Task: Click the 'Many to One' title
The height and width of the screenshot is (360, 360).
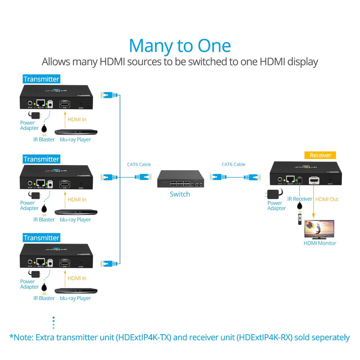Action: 180,46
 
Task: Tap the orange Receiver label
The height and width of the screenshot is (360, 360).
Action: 320,155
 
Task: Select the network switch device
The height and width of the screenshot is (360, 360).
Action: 180,179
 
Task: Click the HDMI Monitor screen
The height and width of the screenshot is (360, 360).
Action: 319,229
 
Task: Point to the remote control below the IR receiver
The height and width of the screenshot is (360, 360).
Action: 299,219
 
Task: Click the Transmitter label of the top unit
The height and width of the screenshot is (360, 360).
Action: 41,79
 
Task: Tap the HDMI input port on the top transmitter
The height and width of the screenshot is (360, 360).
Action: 64,104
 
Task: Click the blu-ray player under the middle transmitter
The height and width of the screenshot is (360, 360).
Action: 76,212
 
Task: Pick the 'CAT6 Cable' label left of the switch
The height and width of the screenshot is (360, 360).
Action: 139,164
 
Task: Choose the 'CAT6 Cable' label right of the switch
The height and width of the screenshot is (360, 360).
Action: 233,164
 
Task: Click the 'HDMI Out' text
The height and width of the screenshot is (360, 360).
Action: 327,199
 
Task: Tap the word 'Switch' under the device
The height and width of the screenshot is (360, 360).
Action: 180,194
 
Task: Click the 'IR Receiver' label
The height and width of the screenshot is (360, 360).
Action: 299,199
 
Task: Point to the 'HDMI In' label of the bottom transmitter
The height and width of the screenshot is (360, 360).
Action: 77,278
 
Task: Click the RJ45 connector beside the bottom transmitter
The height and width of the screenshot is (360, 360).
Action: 109,264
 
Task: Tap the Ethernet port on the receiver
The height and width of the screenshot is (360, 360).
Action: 290,179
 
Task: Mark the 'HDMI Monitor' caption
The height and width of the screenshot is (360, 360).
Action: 320,243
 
